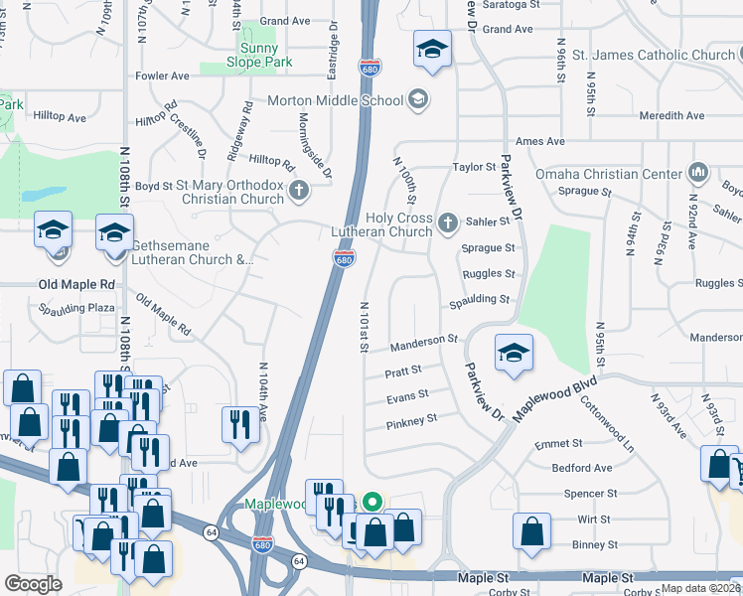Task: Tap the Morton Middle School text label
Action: pos(336,100)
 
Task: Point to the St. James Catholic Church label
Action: pos(654,55)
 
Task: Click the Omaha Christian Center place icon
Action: pos(697,173)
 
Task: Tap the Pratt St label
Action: pos(403,372)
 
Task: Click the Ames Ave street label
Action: pos(540,142)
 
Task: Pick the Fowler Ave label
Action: pos(163,75)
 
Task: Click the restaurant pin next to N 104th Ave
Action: pos(238,425)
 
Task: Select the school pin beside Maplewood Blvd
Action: pos(514,354)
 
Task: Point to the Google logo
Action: pos(33,584)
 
